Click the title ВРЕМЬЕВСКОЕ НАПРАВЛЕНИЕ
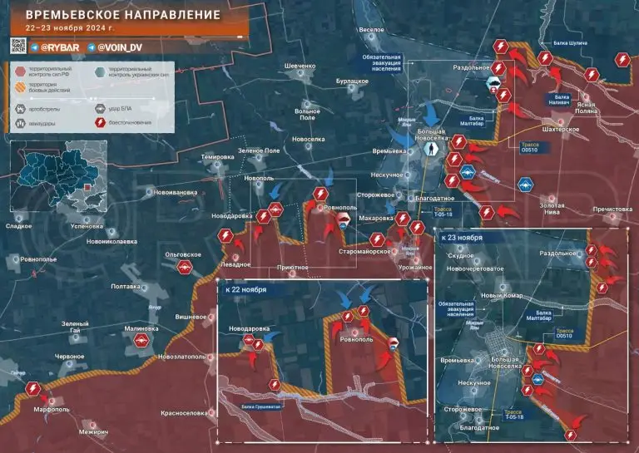coord(123,16)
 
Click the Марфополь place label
coord(51,409)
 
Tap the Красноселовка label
coord(184,412)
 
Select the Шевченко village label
coord(300,66)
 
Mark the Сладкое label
coord(18,225)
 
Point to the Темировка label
coord(218,157)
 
